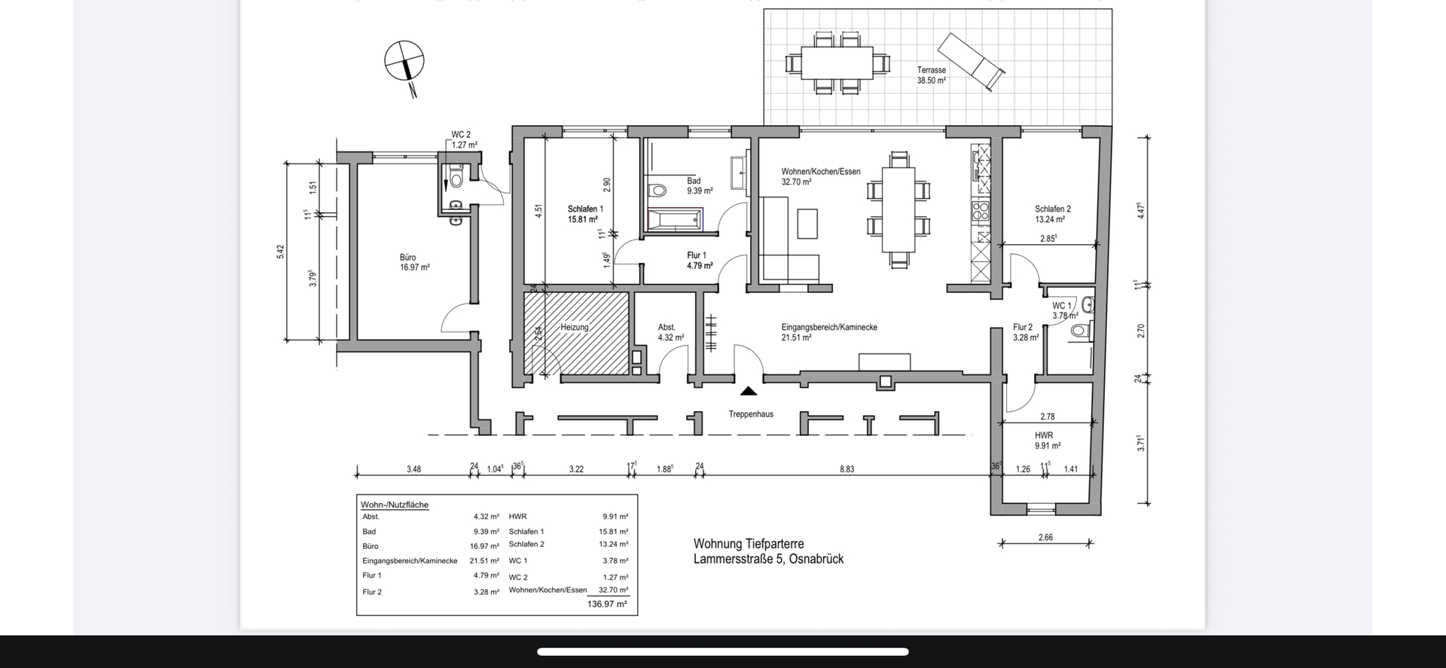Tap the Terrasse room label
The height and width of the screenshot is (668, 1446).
[x=931, y=70]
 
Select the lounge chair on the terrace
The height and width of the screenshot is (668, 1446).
[x=971, y=61]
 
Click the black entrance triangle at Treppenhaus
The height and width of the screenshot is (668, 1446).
[x=748, y=391]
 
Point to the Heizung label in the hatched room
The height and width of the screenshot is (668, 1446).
[x=574, y=328]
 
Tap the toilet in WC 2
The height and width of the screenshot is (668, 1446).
[x=455, y=178]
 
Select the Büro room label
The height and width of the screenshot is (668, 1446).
[x=407, y=258]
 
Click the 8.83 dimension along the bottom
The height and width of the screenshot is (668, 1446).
[x=847, y=469]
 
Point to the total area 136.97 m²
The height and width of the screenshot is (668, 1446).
[x=606, y=604]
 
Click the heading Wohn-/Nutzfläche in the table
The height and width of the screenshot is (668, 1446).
[x=395, y=505]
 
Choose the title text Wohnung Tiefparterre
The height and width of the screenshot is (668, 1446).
[x=748, y=544]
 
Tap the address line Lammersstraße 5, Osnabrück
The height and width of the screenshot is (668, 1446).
[x=768, y=559]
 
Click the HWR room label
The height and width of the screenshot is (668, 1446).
[x=1043, y=435]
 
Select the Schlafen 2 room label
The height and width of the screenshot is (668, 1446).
[x=1052, y=209]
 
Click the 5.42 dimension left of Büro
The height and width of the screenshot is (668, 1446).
[x=281, y=252]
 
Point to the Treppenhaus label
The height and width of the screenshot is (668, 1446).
[x=750, y=414]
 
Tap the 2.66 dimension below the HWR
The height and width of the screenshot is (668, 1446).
[x=1045, y=538]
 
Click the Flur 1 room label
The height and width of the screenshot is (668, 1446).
[x=697, y=255]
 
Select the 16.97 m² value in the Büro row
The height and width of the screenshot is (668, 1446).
[x=484, y=546]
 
